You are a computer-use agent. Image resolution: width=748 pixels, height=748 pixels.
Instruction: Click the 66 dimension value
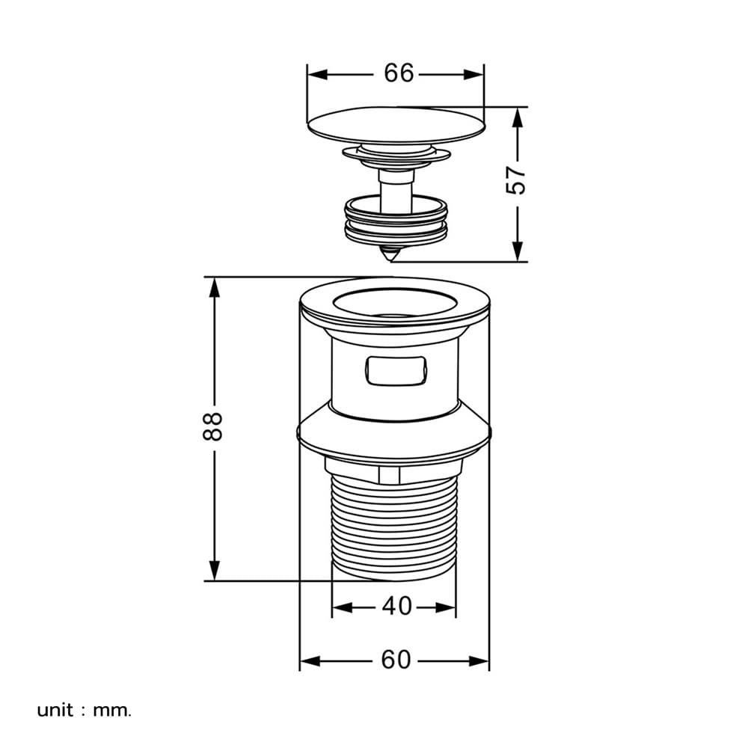(399, 73)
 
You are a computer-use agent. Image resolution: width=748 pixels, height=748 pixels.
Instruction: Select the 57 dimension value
(515, 180)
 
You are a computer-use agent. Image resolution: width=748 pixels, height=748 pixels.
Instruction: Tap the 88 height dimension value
(212, 426)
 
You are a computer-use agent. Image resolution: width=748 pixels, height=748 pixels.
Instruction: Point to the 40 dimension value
(396, 606)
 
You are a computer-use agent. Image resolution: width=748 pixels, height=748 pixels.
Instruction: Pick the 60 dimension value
(396, 660)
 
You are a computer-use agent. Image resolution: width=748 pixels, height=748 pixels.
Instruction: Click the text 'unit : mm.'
(84, 711)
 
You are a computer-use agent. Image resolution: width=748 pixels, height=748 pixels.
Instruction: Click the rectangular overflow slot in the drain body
(396, 370)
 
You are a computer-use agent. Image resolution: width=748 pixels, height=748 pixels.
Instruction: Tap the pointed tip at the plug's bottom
(392, 260)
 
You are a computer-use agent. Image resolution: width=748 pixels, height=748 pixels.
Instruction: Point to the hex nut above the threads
(394, 470)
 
